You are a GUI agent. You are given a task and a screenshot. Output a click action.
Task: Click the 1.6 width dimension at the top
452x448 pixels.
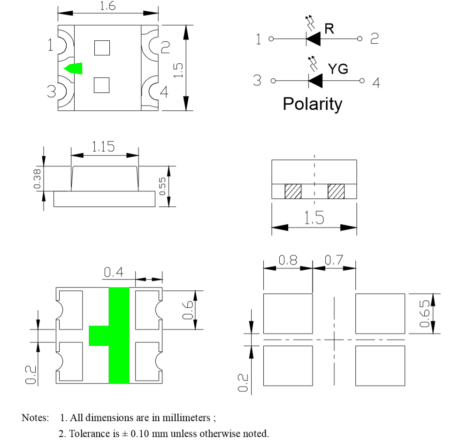(x=108, y=6)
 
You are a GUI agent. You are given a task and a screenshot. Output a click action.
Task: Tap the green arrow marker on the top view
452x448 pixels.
(x=74, y=68)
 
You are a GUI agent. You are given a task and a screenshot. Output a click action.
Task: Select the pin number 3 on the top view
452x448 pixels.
(x=51, y=91)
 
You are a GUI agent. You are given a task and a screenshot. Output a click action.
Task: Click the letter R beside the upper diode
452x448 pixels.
(x=329, y=29)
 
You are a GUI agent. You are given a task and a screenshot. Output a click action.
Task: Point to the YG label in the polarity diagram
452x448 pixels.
(x=338, y=69)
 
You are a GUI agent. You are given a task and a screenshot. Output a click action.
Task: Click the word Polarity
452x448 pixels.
(x=313, y=104)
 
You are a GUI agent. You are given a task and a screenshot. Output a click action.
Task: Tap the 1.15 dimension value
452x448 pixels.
(x=103, y=147)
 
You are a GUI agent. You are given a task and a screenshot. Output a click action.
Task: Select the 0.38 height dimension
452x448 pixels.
(x=37, y=179)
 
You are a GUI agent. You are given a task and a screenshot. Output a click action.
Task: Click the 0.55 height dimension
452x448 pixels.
(x=162, y=186)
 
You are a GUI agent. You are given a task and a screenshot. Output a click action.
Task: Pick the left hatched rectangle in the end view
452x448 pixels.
(x=293, y=191)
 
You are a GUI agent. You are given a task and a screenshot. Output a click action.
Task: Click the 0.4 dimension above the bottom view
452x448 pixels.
(x=113, y=272)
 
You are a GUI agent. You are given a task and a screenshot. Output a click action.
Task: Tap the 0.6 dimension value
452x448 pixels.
(x=188, y=310)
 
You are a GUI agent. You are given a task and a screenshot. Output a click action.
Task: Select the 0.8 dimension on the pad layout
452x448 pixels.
(x=288, y=260)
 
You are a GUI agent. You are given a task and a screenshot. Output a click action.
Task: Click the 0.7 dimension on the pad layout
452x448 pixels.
(x=334, y=260)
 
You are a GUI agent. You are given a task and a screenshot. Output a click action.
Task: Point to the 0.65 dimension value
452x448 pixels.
(x=424, y=314)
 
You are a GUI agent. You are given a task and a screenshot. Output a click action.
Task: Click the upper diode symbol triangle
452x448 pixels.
(x=314, y=38)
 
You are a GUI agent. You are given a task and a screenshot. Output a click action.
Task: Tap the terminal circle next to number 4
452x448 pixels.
(x=362, y=81)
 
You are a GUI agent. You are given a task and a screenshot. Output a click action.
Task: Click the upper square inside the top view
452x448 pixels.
(x=102, y=48)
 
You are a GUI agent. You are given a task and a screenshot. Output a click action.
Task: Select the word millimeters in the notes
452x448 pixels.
(x=186, y=418)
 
